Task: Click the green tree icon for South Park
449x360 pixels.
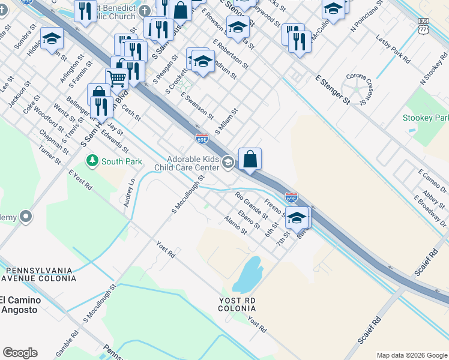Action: click(92, 161)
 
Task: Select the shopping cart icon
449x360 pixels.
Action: click(116, 77)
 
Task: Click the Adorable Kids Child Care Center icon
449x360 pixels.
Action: click(228, 161)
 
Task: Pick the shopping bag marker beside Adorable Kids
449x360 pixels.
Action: click(250, 159)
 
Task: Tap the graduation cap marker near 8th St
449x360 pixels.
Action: click(296, 218)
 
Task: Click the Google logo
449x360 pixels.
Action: click(20, 353)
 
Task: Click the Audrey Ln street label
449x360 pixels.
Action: click(129, 192)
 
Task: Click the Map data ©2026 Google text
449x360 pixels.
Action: click(412, 355)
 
